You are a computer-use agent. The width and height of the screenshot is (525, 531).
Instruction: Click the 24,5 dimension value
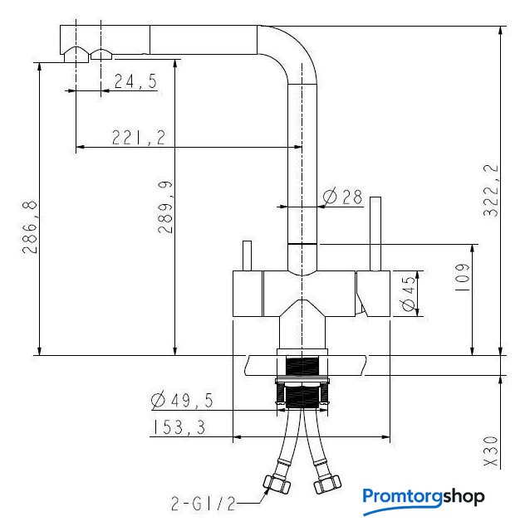pos(135,81)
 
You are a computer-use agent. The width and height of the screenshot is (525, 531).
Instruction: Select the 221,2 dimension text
pos(139,137)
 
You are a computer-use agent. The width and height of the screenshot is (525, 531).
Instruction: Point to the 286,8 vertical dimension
pos(30,227)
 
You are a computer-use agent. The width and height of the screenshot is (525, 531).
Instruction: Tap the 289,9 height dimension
pos(165,207)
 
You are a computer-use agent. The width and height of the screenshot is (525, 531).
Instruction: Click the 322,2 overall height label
pos(491,190)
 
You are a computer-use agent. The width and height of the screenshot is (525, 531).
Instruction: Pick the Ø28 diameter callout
pos(342,197)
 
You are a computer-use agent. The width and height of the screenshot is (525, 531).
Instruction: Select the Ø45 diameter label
pos(409,293)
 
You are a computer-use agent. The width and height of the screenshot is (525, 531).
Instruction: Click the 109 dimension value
pos(462,278)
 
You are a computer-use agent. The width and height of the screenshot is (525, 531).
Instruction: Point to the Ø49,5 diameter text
pos(182,401)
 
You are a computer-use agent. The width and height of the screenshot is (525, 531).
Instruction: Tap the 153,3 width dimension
pos(179,427)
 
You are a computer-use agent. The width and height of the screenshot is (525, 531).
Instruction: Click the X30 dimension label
pos(491,451)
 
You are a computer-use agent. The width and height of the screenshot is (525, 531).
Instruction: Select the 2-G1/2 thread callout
pos(204,504)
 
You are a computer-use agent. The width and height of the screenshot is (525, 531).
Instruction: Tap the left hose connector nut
pos(277,484)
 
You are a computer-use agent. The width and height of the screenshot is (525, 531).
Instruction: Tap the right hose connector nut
pos(327,485)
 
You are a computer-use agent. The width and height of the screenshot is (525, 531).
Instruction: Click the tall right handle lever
pos(375,234)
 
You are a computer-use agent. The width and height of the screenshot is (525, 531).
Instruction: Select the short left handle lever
pos(248,256)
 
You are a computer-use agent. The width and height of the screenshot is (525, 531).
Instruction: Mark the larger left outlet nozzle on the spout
pos(76,55)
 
